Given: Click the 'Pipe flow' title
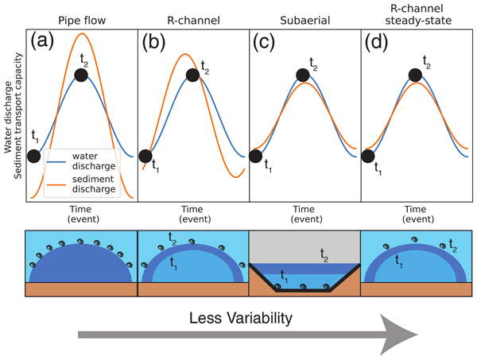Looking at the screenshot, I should tap(82, 17).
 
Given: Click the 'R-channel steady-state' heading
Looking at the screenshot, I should tap(416, 13).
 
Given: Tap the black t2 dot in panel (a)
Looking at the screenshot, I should tap(81, 75).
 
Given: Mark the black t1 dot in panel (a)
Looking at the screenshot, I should tap(33, 155).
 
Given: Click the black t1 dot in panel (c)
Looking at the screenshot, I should tap(256, 155).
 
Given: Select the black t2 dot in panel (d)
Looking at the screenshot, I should tap(415, 75).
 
